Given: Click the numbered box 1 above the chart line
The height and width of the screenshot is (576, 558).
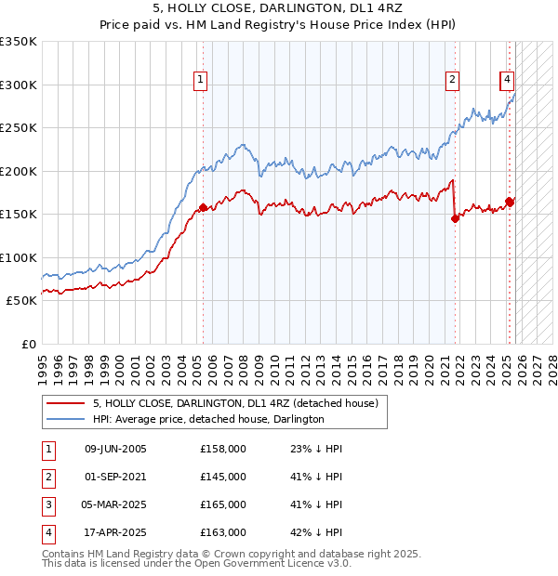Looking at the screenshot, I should [x=201, y=81].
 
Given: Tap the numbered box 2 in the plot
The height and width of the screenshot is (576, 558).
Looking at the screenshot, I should [x=452, y=81].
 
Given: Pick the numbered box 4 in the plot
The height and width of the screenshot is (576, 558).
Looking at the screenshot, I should [x=507, y=81].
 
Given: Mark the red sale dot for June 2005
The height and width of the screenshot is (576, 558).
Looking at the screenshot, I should [x=203, y=207].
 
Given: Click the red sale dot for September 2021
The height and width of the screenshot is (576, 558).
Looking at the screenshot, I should [x=456, y=218].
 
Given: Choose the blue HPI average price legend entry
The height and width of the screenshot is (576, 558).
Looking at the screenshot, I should [x=207, y=420].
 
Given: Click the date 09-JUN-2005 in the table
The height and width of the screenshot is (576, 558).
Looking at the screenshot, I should [x=115, y=449].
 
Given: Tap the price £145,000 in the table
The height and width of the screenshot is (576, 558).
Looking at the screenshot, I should [x=223, y=477].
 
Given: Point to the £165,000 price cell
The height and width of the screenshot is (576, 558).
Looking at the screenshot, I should [x=223, y=504].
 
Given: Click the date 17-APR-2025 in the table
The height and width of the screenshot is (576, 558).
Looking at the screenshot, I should [x=115, y=532].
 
